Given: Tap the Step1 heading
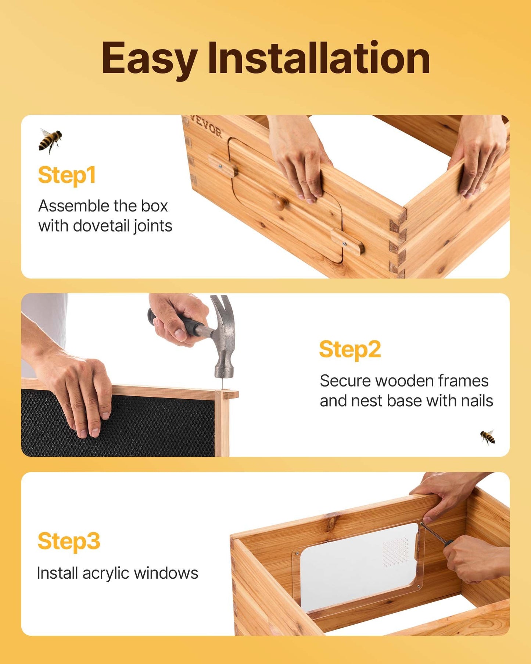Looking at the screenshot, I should [x=67, y=175].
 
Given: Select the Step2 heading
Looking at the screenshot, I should [x=350, y=349].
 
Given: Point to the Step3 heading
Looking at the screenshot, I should [x=69, y=541].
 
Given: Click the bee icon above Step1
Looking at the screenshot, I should [x=50, y=140].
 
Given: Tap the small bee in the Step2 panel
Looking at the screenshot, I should [x=488, y=437].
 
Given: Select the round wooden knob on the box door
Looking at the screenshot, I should [x=280, y=203].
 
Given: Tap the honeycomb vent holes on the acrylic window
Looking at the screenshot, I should [x=396, y=551].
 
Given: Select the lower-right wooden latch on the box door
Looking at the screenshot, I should [x=347, y=242].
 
